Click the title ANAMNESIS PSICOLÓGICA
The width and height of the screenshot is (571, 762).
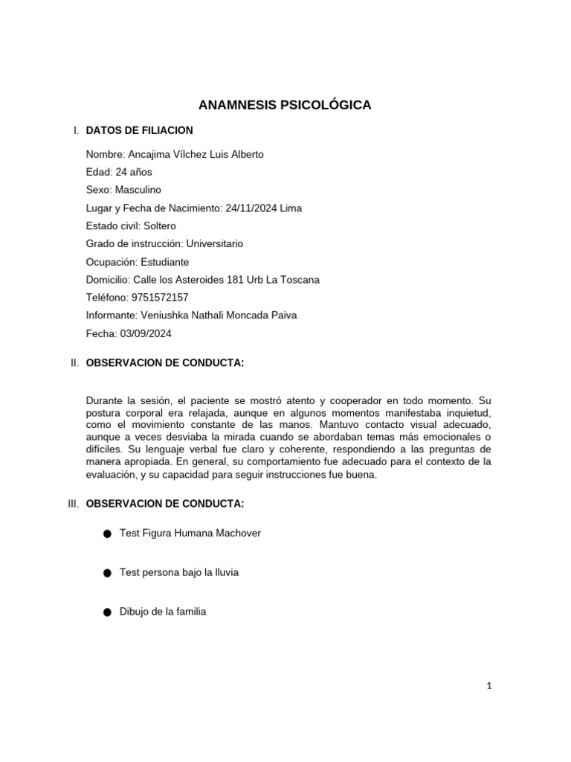[285, 105]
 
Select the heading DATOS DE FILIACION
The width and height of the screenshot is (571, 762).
[140, 130]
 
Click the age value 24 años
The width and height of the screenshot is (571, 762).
[134, 172]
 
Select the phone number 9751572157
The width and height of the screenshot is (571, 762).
[159, 298]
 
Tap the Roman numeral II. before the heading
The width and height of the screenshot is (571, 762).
[74, 362]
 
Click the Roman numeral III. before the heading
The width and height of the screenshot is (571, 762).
[73, 504]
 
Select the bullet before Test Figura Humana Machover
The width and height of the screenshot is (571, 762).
[107, 534]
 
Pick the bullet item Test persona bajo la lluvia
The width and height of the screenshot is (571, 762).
[179, 573]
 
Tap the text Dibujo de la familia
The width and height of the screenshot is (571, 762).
[163, 612]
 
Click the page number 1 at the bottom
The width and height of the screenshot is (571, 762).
[489, 686]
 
